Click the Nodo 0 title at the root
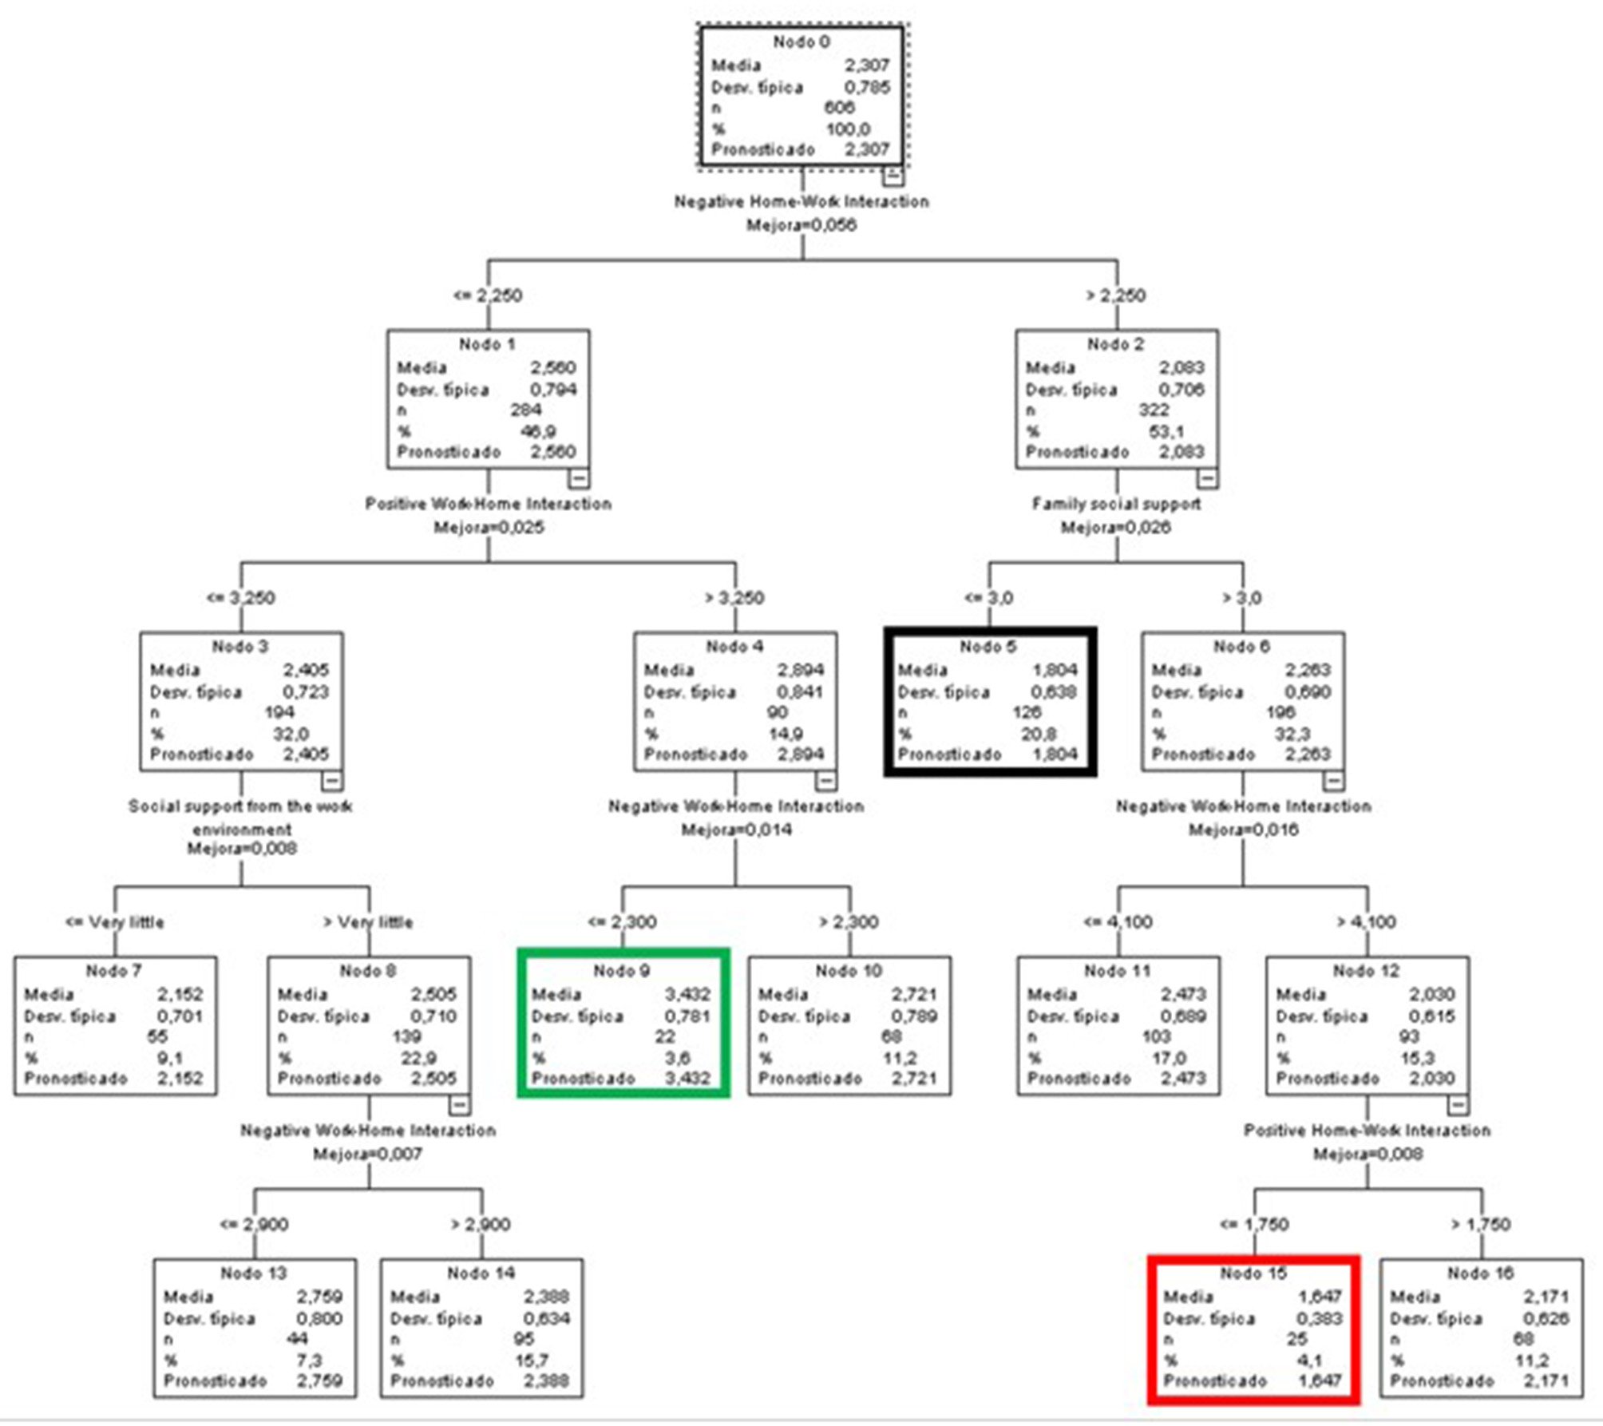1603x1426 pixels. tap(801, 42)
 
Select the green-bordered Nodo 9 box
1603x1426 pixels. tap(623, 1024)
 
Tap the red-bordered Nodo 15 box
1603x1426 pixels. tap(1253, 1326)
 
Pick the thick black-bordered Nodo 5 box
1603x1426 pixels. tap(989, 702)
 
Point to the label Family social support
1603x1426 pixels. tap(1116, 504)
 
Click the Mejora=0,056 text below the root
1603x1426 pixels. tap(801, 225)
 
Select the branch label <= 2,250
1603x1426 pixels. tap(488, 295)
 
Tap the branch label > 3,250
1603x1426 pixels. tap(734, 598)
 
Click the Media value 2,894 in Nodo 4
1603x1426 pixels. tap(800, 670)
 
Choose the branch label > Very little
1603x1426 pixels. tap(368, 922)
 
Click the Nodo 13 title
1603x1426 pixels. tap(254, 1273)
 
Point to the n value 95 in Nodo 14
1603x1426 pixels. tap(524, 1339)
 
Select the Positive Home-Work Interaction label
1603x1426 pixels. tap(1367, 1131)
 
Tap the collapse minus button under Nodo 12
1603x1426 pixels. tap(1458, 1106)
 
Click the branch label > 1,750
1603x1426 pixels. tap(1481, 1225)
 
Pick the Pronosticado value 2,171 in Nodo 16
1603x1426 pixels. tap(1546, 1380)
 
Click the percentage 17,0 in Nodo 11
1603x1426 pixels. tap(1169, 1058)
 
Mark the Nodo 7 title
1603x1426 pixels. tap(114, 971)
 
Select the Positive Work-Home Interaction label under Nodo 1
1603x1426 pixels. tap(489, 504)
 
